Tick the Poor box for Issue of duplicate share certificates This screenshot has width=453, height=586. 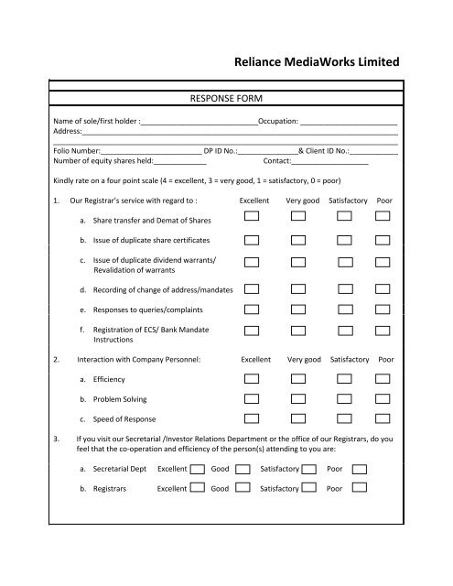coord(383,240)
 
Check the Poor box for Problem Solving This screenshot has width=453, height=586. coord(383,398)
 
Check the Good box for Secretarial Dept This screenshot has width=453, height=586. coord(242,468)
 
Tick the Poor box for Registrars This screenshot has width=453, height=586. coord(360,489)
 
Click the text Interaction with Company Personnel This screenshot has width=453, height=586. coord(138,360)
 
